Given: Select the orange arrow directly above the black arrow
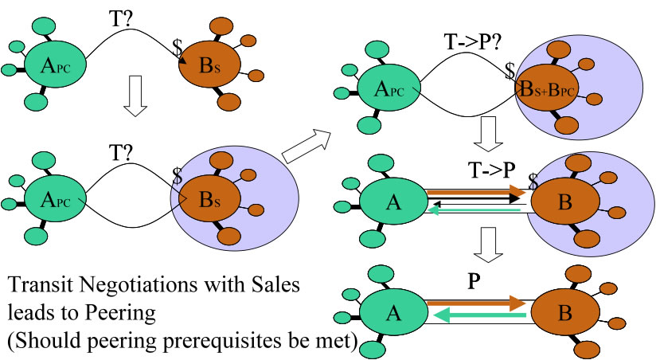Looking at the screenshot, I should pyautogui.click(x=475, y=192).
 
